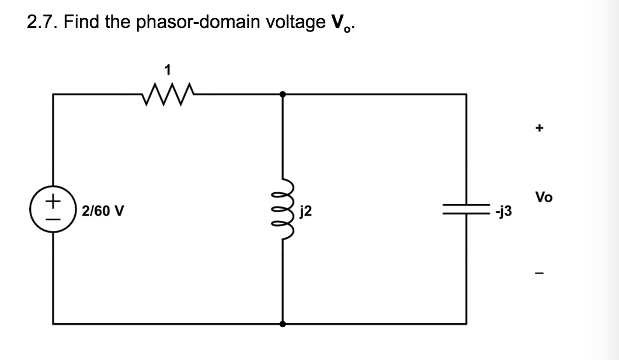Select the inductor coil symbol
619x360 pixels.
point(283,209)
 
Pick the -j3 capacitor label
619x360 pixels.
point(503,211)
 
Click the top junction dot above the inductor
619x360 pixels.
point(283,94)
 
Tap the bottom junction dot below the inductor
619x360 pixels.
point(283,323)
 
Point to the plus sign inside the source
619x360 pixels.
point(53,200)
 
